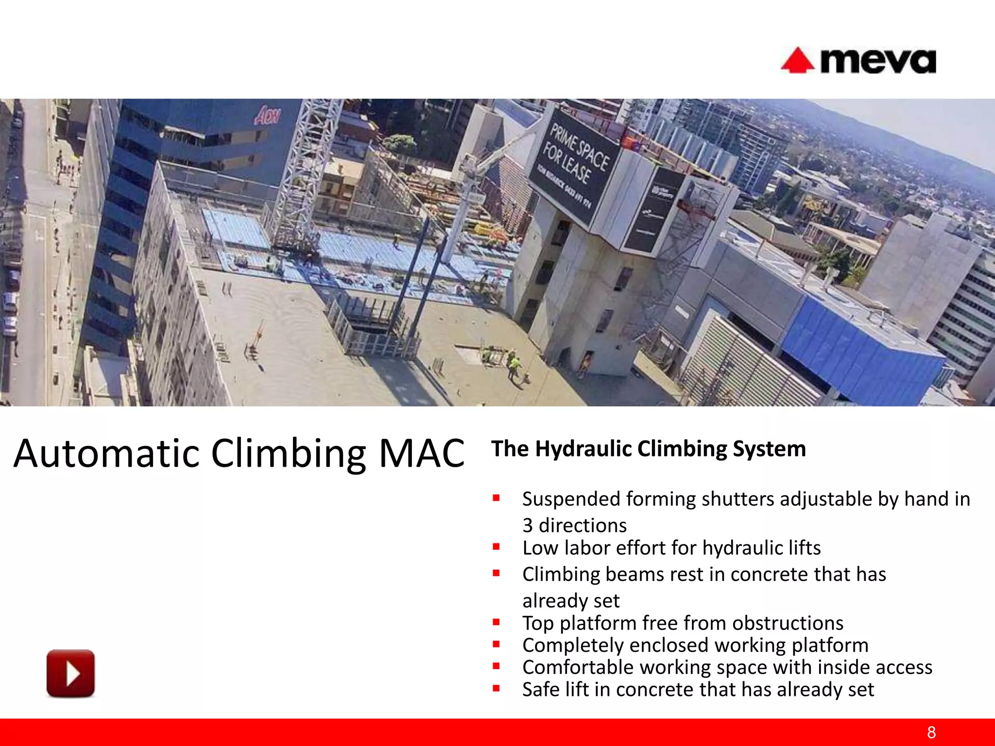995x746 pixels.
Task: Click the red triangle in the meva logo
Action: (x=797, y=62)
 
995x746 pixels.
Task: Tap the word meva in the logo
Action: (x=878, y=62)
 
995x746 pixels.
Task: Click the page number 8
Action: (x=931, y=732)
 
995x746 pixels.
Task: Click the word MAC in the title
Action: (x=421, y=453)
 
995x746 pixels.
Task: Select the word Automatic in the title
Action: (x=107, y=453)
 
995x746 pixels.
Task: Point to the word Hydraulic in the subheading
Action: (x=584, y=449)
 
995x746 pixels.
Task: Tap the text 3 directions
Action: (x=574, y=526)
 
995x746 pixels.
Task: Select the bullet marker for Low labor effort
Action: (x=496, y=547)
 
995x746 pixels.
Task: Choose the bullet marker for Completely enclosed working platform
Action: (x=496, y=644)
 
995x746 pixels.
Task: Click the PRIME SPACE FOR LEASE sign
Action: (x=573, y=165)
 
